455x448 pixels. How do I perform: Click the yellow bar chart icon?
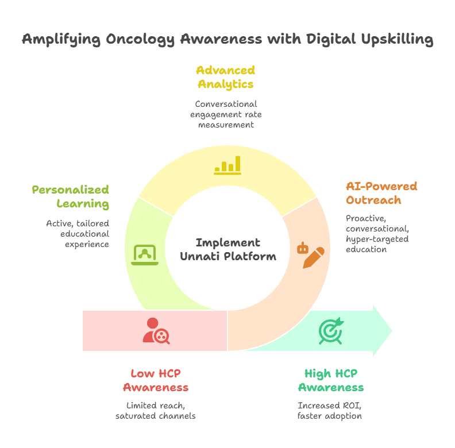tap(227, 165)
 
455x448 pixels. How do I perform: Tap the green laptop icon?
tap(145, 255)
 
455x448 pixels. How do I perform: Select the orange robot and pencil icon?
tap(310, 256)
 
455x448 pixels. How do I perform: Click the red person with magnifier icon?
tap(156, 331)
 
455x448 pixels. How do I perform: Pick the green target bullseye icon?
tap(331, 331)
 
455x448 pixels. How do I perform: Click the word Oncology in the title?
tap(140, 39)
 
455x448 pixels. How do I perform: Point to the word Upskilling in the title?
tap(397, 39)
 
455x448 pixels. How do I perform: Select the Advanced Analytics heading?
tap(226, 77)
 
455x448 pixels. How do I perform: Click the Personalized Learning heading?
tap(71, 197)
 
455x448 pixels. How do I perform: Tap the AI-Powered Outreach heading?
tap(381, 193)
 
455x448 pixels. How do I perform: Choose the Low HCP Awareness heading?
tap(156, 380)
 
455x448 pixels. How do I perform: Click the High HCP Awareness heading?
tap(331, 380)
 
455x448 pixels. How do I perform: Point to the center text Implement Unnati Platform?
tap(228, 249)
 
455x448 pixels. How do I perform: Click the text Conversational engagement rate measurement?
tap(226, 114)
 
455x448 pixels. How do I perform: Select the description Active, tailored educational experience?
tap(78, 234)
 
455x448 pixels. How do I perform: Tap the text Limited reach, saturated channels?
tap(156, 411)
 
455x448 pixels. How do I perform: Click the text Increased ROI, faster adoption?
tap(330, 411)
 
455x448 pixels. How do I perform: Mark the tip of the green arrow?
tap(392, 330)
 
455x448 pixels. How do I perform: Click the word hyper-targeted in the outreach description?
tap(377, 239)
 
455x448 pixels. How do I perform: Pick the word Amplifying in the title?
tap(61, 39)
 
